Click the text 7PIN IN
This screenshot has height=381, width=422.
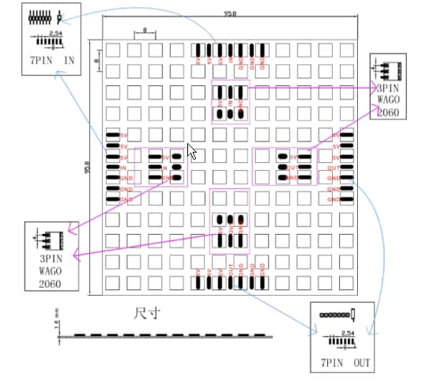coord(51,58)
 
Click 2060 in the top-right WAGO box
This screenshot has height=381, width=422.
coord(388,112)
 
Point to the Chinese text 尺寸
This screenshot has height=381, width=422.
coord(147,314)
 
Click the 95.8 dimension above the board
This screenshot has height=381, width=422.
coord(231,14)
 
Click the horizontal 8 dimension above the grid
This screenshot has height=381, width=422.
coord(145,32)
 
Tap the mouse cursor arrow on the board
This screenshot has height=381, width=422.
coord(191,151)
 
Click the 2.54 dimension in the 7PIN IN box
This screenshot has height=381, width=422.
coord(55,33)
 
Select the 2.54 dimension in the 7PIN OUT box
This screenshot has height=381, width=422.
coord(345,334)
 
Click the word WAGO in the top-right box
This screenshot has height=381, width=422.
coord(388,100)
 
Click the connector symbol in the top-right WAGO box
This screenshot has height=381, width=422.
coord(389,70)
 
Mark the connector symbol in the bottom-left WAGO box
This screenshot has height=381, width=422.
coord(49,236)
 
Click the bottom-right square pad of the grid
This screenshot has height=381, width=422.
coord(345,282)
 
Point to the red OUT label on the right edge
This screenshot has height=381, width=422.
coord(333,168)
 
